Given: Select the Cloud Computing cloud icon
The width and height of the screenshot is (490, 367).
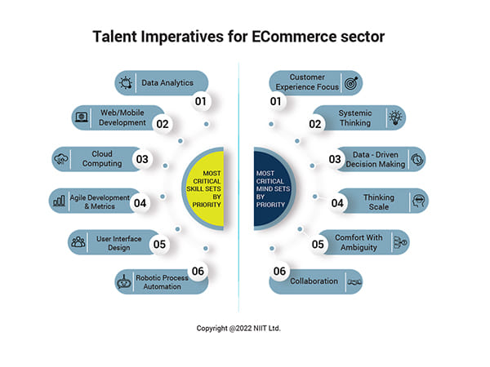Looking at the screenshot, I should point(62,159).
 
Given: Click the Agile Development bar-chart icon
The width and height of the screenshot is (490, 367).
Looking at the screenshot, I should point(59,199).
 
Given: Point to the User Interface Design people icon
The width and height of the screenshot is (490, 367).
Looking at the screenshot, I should point(78,241).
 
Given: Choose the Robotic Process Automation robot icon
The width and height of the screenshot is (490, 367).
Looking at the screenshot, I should point(124,282).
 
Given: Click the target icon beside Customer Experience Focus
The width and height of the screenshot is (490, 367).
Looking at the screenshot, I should point(352,82).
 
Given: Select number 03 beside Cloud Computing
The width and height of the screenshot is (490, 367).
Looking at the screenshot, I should point(143,160).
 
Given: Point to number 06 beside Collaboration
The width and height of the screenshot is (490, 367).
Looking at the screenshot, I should point(279,271).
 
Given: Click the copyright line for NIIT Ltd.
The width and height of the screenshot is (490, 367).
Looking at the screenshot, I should point(244,329).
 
